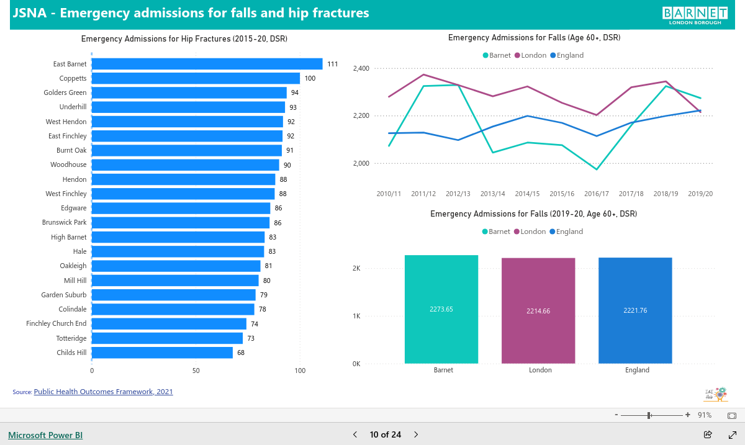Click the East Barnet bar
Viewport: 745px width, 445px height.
(x=207, y=64)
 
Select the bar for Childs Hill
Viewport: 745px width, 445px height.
(x=162, y=353)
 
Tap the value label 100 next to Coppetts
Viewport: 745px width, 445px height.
(x=310, y=78)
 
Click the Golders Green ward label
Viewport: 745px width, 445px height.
(x=65, y=92)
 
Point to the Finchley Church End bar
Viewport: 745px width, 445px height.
(x=169, y=323)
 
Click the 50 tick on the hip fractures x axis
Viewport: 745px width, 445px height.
(x=196, y=371)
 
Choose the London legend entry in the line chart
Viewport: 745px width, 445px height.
(x=530, y=55)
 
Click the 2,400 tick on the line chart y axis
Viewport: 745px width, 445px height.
(x=361, y=68)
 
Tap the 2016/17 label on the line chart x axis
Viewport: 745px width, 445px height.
(x=597, y=194)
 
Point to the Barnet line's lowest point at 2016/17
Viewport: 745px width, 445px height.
(x=597, y=169)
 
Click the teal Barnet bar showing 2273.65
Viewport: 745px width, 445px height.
(x=441, y=309)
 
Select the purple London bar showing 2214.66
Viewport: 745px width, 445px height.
(x=538, y=311)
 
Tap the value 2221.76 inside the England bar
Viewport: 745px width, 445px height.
(x=635, y=310)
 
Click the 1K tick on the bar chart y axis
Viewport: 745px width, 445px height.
(x=356, y=316)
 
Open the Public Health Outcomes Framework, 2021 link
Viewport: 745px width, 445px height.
(x=104, y=392)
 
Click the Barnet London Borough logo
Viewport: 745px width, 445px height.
(x=695, y=16)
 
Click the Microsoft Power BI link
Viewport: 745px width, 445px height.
(x=45, y=435)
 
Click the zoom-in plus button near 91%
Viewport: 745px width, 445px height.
(x=688, y=415)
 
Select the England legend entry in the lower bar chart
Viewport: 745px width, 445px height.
(x=566, y=231)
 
